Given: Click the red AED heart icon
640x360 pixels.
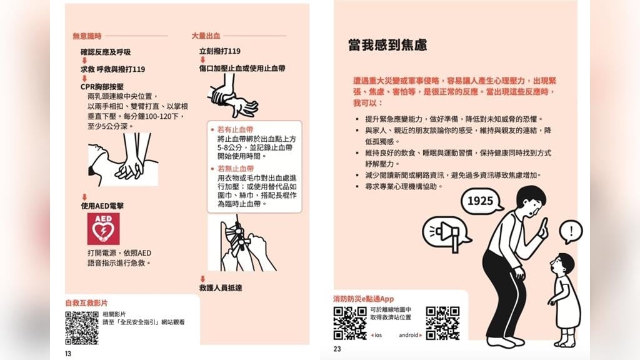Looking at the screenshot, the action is click(103, 229).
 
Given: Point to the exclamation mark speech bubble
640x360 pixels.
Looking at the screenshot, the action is click(571, 232).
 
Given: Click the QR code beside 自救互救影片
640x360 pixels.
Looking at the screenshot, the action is click(82, 327).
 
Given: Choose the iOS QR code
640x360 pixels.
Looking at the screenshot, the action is click(350, 323).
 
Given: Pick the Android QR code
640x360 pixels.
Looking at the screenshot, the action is click(442, 323).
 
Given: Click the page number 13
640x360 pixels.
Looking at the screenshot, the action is click(67, 354).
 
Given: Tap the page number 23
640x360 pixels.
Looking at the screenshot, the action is click(337, 349).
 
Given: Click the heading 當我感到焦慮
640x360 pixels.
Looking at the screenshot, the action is click(387, 45).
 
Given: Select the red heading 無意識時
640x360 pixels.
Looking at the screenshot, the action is click(87, 36).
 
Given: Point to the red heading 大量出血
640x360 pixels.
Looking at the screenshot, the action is click(206, 36).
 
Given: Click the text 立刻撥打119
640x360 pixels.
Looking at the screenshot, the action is click(220, 51).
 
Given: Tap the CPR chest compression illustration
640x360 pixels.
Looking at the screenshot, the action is click(123, 159).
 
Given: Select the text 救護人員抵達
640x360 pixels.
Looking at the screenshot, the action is click(221, 287).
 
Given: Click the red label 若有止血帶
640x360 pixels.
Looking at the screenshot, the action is click(235, 129).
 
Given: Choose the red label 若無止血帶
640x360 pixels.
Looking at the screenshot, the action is click(236, 168).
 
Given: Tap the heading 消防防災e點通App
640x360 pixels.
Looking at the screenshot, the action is click(364, 299).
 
